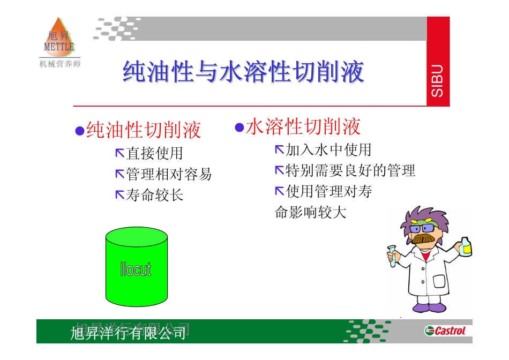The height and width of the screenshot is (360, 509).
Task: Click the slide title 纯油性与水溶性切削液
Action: (x=244, y=72)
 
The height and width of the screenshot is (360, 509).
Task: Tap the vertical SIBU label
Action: (x=437, y=81)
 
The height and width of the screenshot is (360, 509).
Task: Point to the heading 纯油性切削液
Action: (x=144, y=130)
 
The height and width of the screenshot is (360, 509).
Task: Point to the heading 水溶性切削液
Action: (x=303, y=127)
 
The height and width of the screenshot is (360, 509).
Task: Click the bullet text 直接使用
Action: (x=154, y=154)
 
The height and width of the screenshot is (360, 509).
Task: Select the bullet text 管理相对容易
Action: (x=169, y=174)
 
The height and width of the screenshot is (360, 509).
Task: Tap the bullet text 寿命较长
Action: (x=154, y=195)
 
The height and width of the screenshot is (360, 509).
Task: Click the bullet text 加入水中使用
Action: (x=328, y=150)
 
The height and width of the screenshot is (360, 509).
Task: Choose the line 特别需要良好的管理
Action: (x=350, y=171)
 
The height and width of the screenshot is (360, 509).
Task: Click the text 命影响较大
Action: (x=311, y=213)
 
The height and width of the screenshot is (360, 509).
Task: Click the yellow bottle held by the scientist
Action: (x=466, y=246)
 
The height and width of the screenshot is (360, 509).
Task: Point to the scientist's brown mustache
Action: (x=423, y=238)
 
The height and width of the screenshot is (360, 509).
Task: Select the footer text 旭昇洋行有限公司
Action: (x=129, y=333)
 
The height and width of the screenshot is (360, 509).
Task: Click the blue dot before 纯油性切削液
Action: (x=79, y=131)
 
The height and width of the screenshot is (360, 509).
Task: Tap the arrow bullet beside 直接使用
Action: (x=119, y=154)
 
